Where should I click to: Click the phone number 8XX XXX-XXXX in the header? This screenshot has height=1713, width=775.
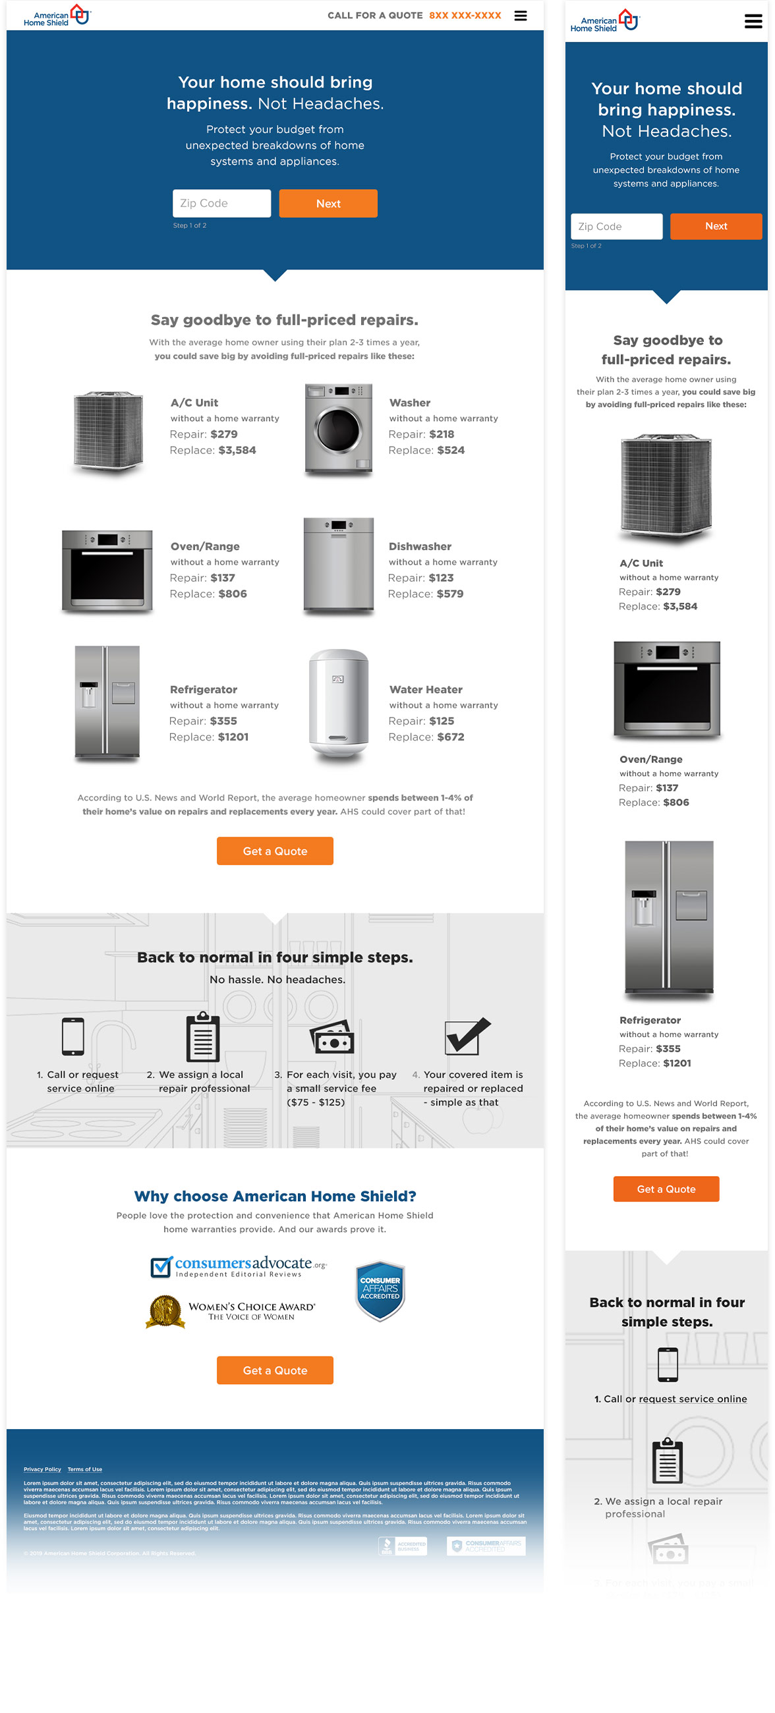tap(465, 15)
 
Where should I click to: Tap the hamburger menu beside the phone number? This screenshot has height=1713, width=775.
tap(520, 15)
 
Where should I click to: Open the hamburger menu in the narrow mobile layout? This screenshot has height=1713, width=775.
tap(753, 21)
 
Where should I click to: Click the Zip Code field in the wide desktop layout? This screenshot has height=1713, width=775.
tap(221, 204)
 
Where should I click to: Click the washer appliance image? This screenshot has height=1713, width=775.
tap(338, 429)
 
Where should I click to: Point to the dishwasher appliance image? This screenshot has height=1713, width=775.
tap(338, 565)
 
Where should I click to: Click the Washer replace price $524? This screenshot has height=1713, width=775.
tap(450, 450)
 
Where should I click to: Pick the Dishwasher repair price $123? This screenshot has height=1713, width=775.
tap(440, 578)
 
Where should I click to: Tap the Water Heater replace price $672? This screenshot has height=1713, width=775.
tap(450, 737)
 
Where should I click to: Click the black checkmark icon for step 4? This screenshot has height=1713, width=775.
tap(467, 1036)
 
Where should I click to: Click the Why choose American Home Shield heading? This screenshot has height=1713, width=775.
tap(275, 1196)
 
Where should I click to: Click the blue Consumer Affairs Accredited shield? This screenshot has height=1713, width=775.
tap(380, 1291)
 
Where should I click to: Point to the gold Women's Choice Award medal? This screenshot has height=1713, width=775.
tap(165, 1311)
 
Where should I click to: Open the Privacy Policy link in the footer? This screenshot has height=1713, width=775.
tap(42, 1469)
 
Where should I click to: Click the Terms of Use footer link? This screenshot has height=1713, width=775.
tap(84, 1469)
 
